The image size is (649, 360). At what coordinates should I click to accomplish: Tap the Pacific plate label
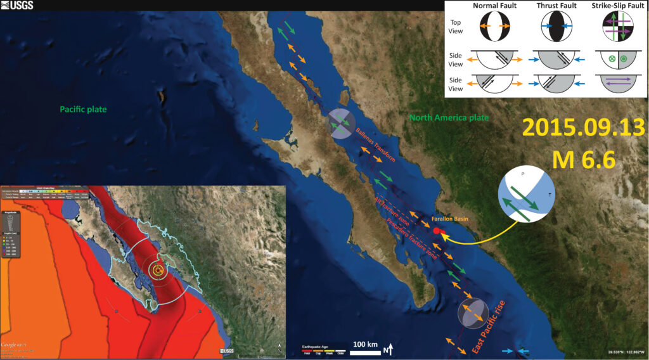click(82, 109)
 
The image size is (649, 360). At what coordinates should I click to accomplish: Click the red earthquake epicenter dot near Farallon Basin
click(437, 231)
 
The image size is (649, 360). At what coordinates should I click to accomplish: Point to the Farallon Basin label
click(449, 219)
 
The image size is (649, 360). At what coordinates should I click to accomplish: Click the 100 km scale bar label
click(365, 344)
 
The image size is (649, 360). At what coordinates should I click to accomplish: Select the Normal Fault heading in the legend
click(495, 6)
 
